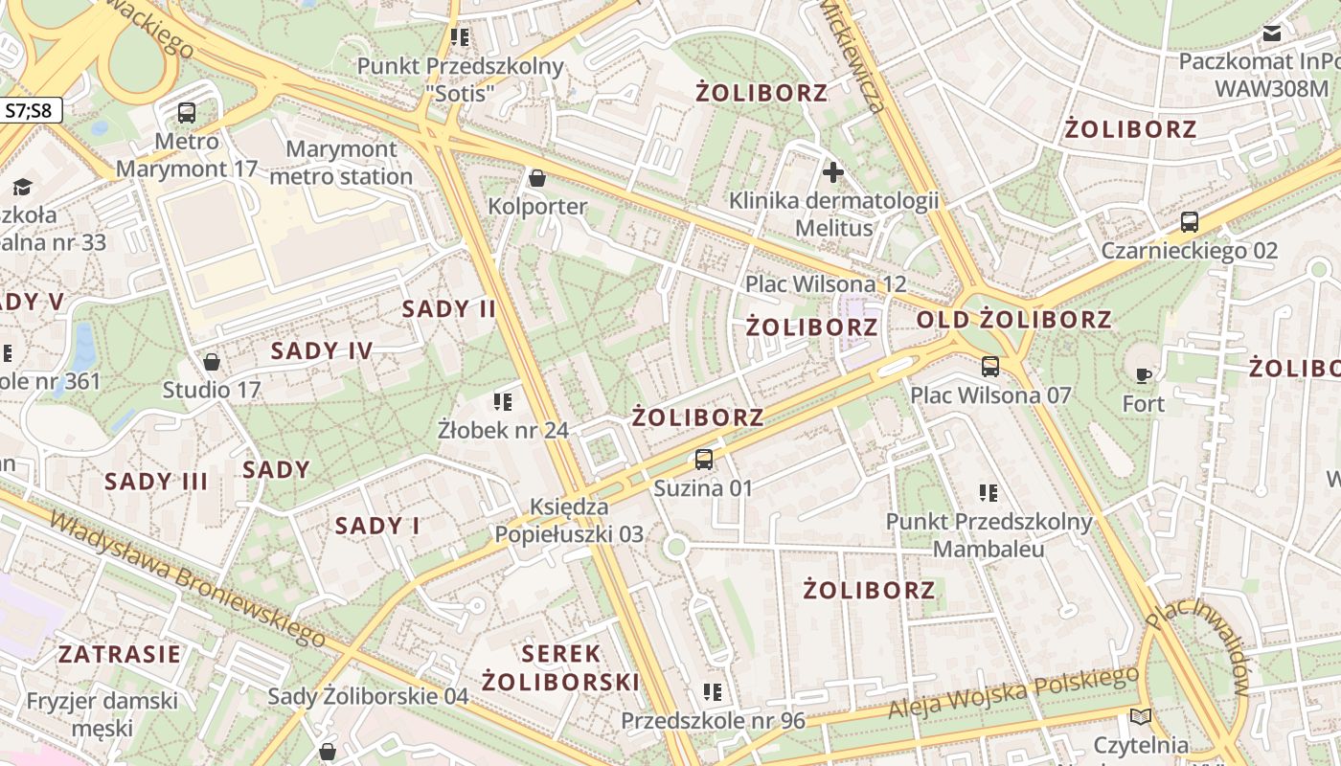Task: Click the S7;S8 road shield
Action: coord(29,110)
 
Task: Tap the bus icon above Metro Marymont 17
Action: coord(187,112)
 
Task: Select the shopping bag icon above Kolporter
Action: coord(537,178)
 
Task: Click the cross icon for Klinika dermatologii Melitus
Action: coord(833,172)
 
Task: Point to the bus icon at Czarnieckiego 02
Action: coord(1190,222)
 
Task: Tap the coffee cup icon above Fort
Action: coord(1142,374)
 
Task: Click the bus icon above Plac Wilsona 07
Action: coord(990,366)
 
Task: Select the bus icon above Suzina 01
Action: coord(704,459)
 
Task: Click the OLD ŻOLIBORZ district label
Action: coord(1014,320)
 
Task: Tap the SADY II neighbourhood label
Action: coord(449,308)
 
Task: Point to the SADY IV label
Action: coord(322,350)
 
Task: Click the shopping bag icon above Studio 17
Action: coord(212,362)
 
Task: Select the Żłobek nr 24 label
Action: coord(503,430)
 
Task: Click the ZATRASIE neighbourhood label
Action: coord(120,655)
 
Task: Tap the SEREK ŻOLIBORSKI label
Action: coord(560,667)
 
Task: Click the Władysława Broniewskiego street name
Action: coord(187,579)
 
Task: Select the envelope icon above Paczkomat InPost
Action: coord(1272,34)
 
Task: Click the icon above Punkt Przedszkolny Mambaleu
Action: coord(989,493)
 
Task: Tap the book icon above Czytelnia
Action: coord(1140,716)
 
